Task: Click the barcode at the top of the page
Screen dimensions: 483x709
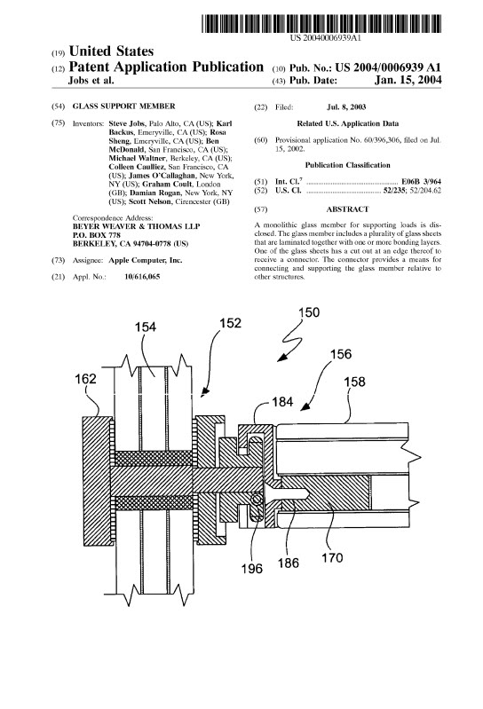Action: (321, 23)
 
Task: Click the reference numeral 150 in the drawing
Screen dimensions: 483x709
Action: (309, 312)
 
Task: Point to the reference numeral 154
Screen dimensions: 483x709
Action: (146, 327)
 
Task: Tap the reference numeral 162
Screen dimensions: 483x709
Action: (85, 379)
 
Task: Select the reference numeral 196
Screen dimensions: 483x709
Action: (252, 569)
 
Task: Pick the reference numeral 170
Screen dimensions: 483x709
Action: (332, 558)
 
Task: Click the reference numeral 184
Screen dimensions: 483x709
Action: (282, 401)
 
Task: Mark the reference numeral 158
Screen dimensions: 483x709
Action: (354, 382)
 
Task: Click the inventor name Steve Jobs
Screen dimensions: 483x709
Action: (127, 123)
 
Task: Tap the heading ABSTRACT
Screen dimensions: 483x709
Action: (347, 209)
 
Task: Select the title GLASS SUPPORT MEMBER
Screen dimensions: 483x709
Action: (124, 106)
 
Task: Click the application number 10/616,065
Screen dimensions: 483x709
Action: (142, 277)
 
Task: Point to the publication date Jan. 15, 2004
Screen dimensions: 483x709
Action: (408, 80)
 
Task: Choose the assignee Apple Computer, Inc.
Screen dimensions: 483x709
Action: (146, 261)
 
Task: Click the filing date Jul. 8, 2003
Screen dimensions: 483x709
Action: (346, 107)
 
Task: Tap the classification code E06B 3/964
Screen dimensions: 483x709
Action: (421, 182)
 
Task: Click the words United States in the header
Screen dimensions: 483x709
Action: (111, 51)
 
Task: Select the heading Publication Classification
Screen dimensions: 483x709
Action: (347, 165)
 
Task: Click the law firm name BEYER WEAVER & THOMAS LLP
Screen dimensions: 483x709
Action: (136, 226)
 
